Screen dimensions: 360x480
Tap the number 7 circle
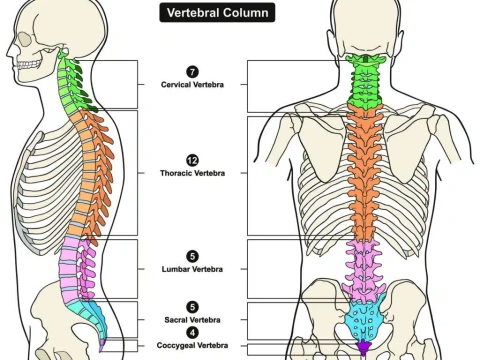192,71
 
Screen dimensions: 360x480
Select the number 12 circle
192,160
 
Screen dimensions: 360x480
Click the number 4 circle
192,333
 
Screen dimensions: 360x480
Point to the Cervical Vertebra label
192,85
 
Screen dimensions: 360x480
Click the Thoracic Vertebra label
192,173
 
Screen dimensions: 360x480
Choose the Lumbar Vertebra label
192,269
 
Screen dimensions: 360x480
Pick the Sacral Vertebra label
192,320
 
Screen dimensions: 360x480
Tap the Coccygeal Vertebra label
192,346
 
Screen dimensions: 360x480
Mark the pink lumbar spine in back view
362,265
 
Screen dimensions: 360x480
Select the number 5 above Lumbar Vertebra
192,256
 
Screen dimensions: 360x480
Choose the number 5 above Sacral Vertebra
192,307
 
